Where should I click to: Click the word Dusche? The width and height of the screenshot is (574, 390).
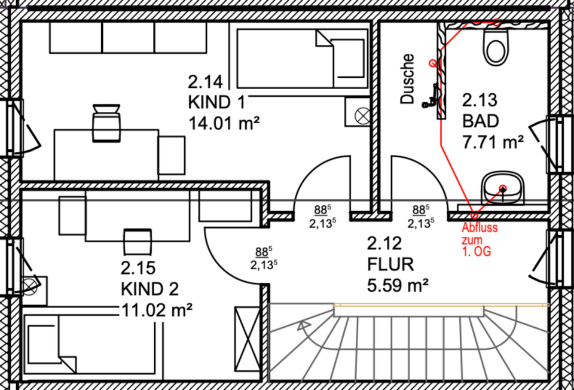click(408, 79)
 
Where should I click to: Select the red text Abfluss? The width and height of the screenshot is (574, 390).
click(480, 228)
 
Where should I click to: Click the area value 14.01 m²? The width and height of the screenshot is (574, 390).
click(224, 123)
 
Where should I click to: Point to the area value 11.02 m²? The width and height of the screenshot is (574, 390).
click(156, 310)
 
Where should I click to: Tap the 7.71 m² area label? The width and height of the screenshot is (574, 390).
click(493, 142)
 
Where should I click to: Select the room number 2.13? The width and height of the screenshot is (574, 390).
click(480, 100)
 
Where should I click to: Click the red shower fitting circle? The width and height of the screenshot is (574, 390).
click(432, 62)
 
